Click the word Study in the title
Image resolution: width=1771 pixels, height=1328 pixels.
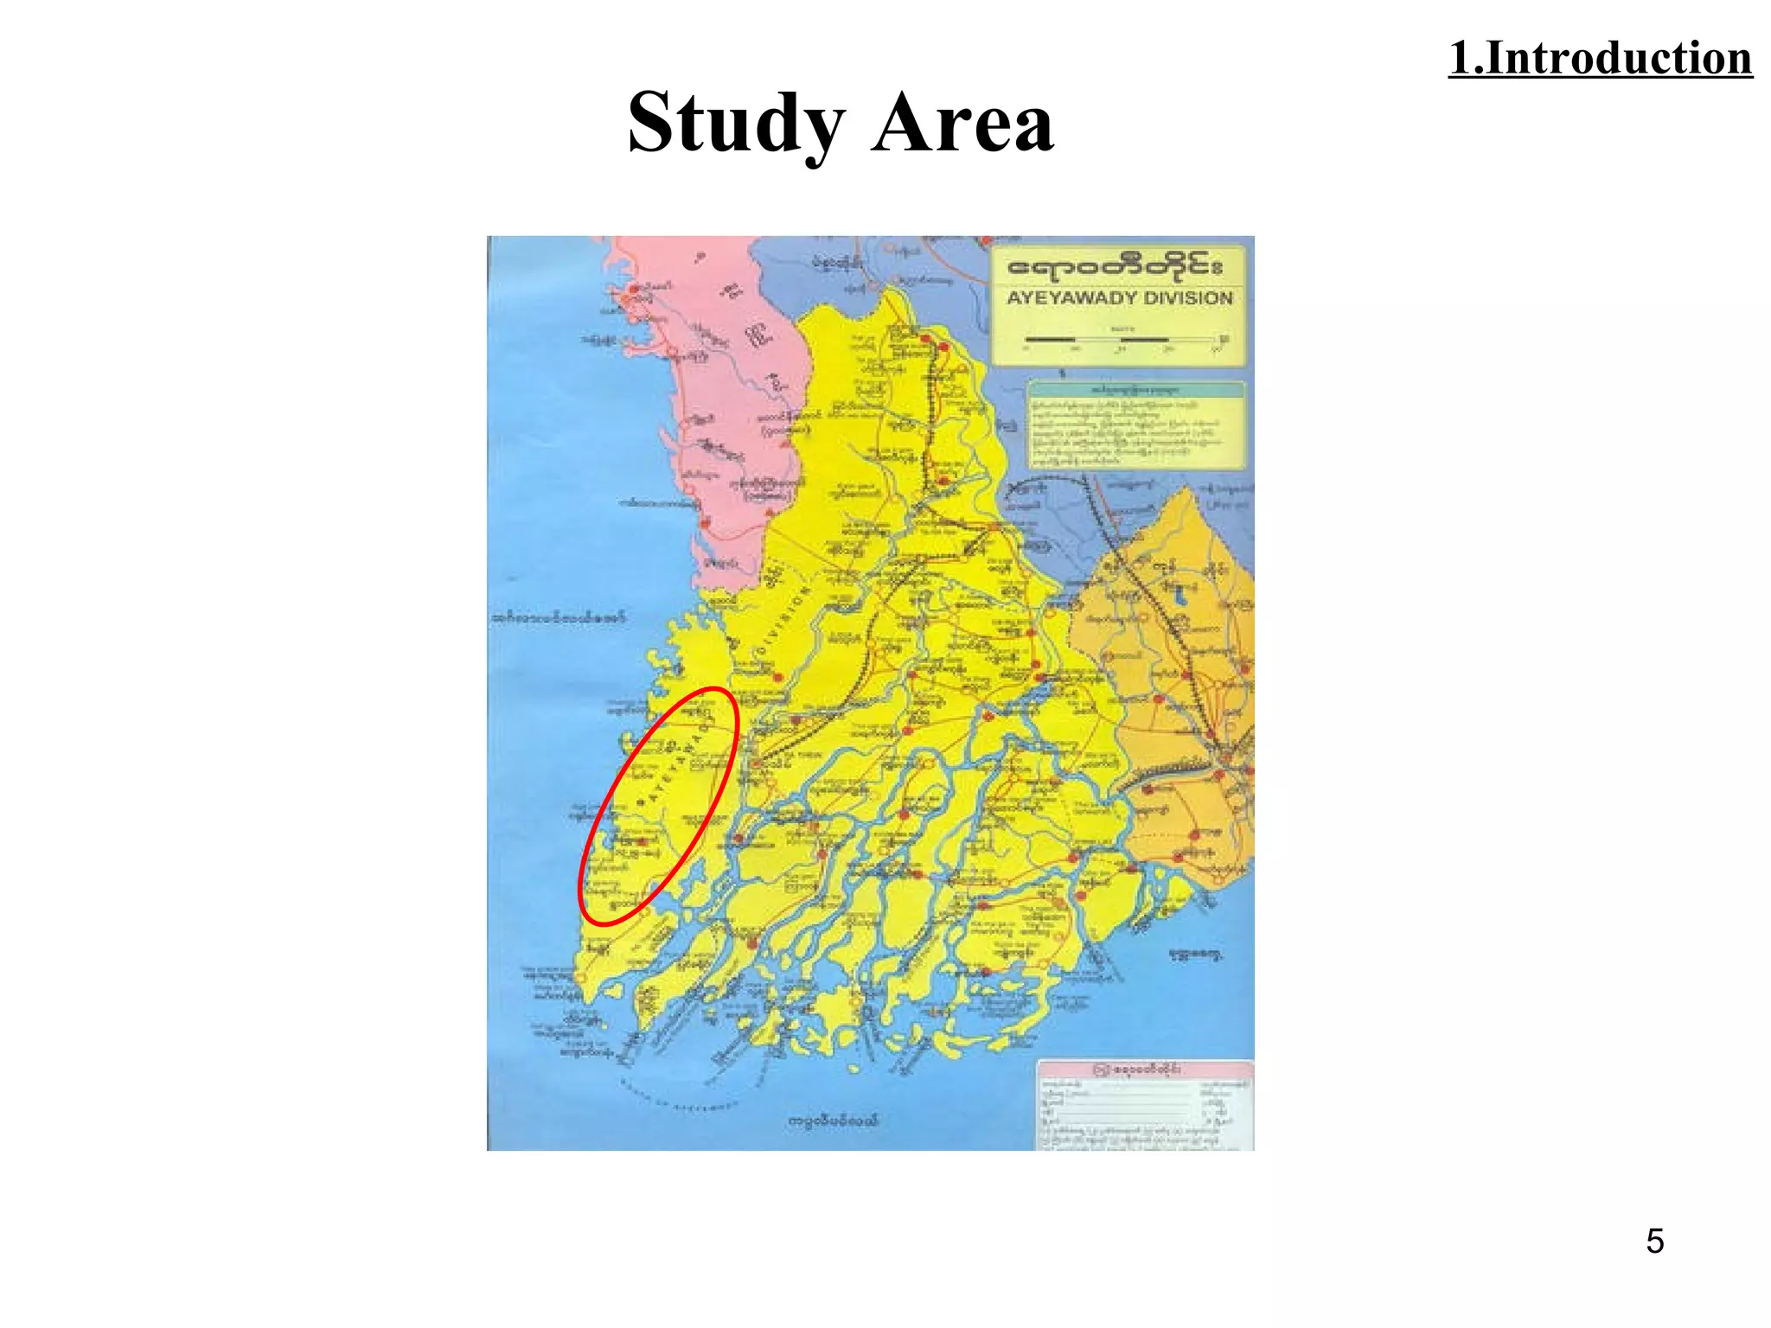735,124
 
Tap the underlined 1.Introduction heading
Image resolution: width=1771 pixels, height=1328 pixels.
1600,59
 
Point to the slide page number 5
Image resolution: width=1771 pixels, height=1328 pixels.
1654,1242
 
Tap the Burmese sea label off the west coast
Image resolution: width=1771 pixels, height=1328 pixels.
559,618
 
